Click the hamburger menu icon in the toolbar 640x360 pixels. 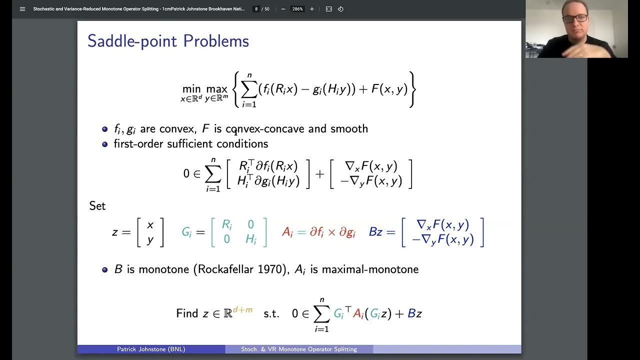tap(22, 9)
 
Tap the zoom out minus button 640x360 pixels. tap(283, 9)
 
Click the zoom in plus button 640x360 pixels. tap(312, 9)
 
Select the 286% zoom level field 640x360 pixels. tap(297, 9)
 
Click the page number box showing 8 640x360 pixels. tap(256, 9)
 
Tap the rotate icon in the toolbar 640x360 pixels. tap(340, 9)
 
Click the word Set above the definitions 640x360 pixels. tap(97, 206)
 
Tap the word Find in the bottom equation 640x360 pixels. tap(187, 313)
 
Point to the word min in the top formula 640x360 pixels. tap(191, 89)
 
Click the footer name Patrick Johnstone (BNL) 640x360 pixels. tap(151, 349)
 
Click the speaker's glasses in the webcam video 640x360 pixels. tap(575, 18)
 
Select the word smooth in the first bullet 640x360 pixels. tap(349, 129)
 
